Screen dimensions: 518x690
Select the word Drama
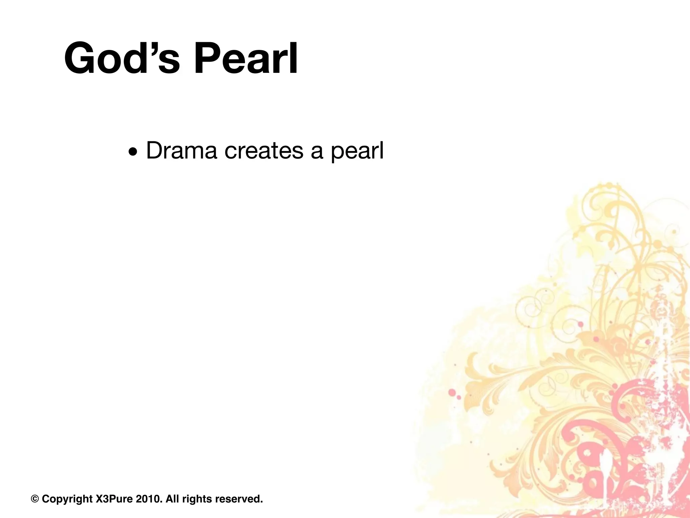pos(182,150)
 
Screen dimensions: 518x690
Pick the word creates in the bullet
pos(264,150)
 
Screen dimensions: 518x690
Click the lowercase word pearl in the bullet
pos(357,152)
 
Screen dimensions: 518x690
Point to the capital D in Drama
pos(154,150)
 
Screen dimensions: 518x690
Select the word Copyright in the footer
pos(67,499)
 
